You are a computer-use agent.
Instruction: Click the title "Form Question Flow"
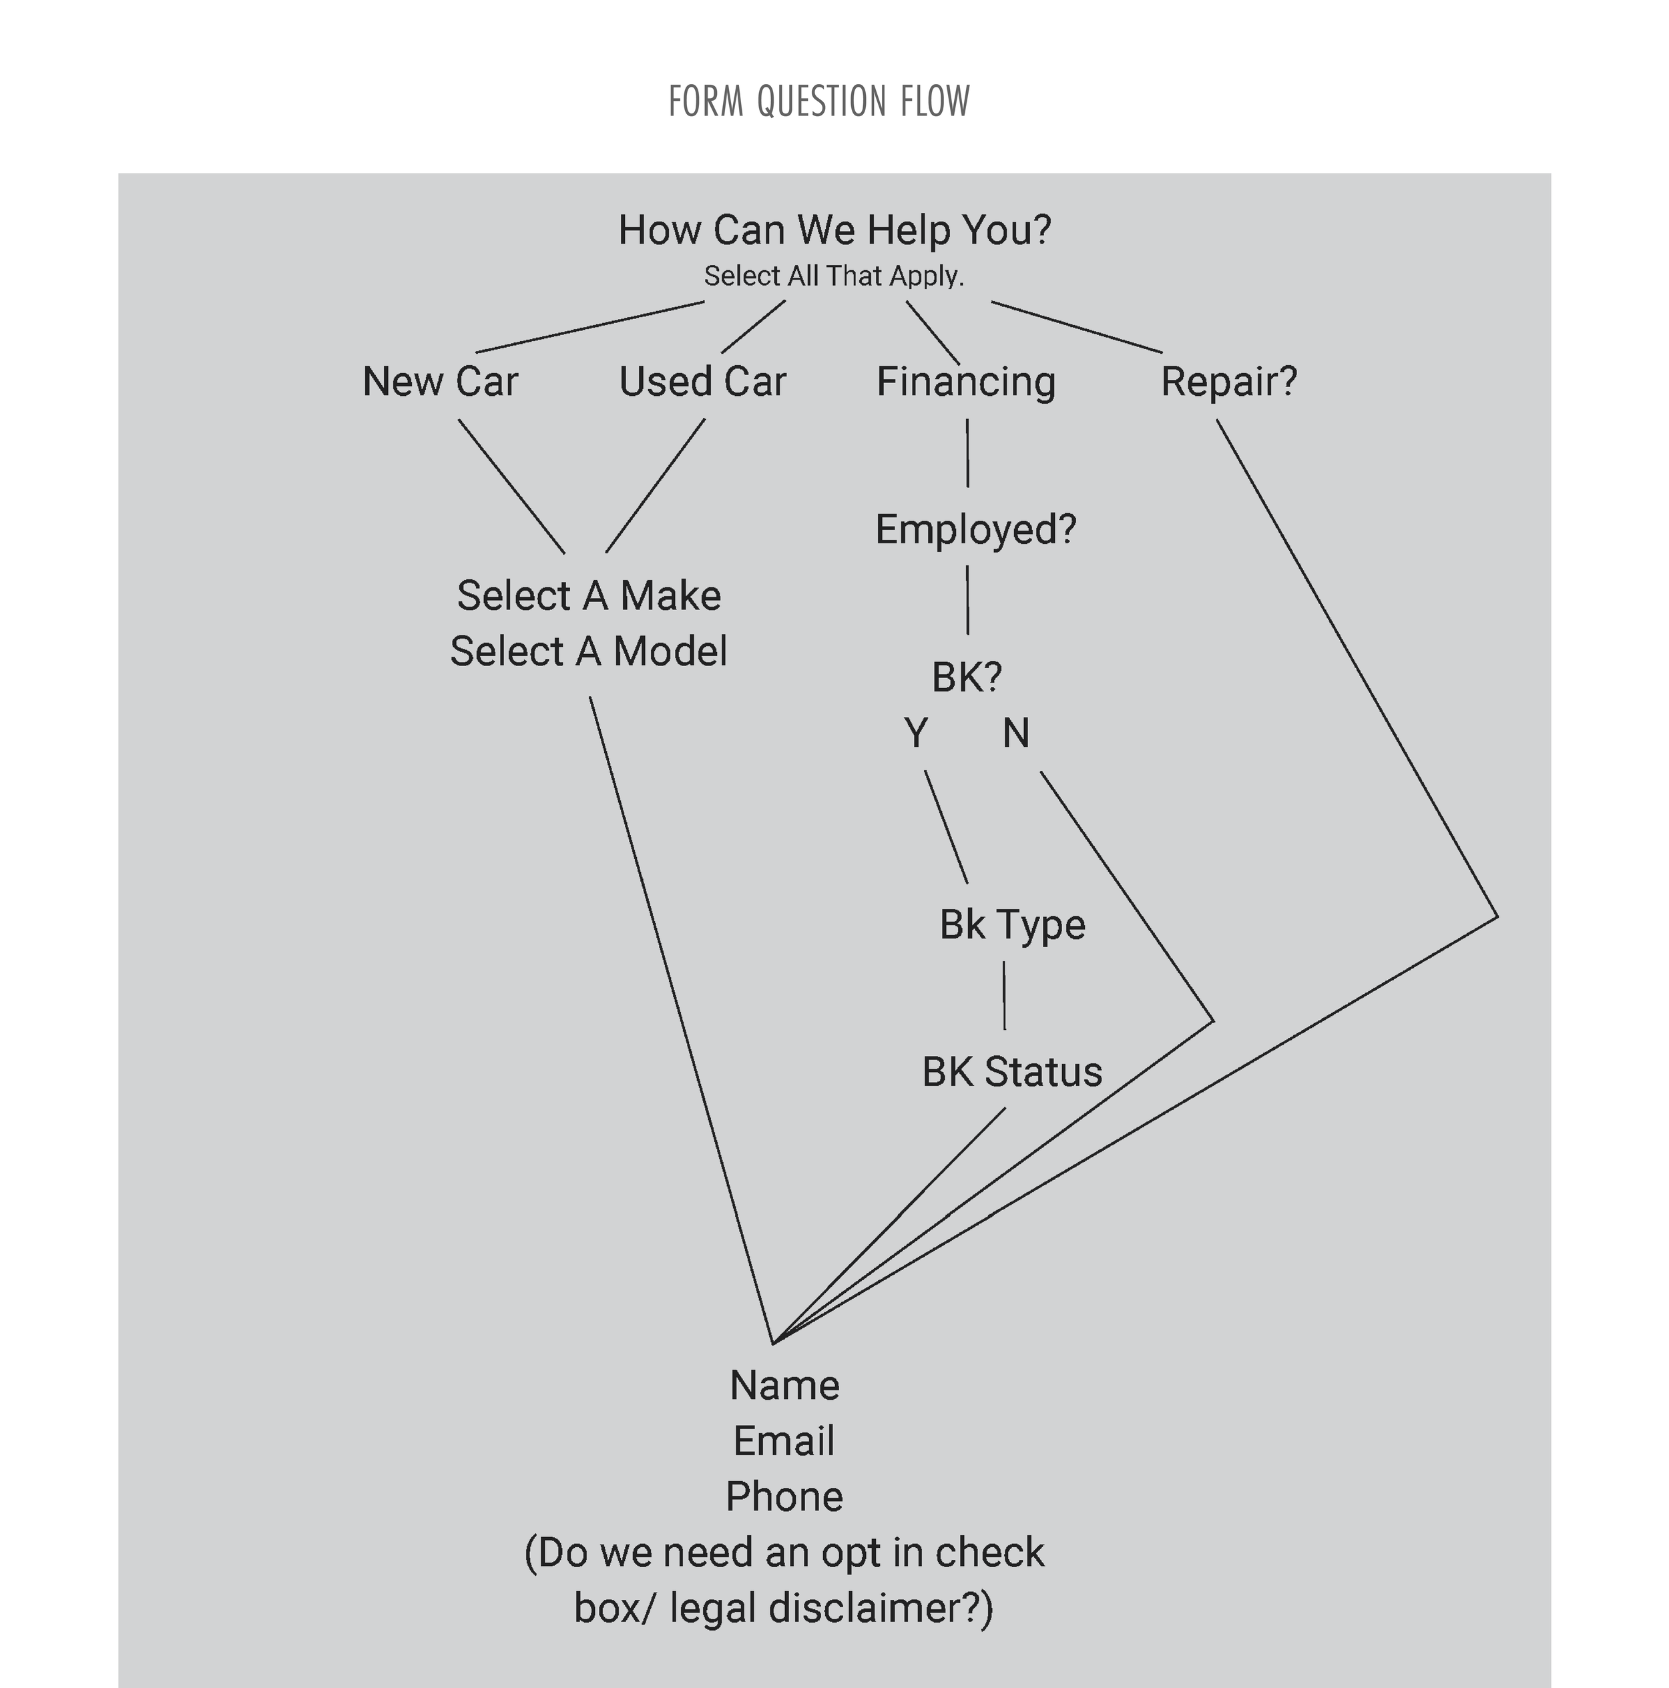[818, 101]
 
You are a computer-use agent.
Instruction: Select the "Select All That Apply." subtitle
[834, 276]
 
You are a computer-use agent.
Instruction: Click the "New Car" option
[441, 382]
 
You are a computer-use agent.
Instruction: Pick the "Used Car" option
[702, 382]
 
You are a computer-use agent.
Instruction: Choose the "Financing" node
[965, 382]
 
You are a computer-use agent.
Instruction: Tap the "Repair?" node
[1228, 382]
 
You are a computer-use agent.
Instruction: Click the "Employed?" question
[975, 529]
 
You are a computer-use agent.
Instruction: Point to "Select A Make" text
[589, 596]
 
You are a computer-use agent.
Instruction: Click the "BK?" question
[967, 677]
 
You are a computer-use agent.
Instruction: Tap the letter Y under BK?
[916, 733]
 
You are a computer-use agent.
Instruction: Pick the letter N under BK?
[1015, 733]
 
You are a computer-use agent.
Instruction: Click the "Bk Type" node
[1012, 924]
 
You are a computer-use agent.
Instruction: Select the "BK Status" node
[1012, 1072]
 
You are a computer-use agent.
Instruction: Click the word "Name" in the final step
[784, 1386]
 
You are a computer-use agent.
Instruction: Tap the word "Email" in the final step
[784, 1442]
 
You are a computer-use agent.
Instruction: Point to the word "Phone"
[784, 1496]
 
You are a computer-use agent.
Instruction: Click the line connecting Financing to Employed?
[967, 453]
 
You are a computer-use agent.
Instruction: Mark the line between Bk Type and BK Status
[1004, 996]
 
